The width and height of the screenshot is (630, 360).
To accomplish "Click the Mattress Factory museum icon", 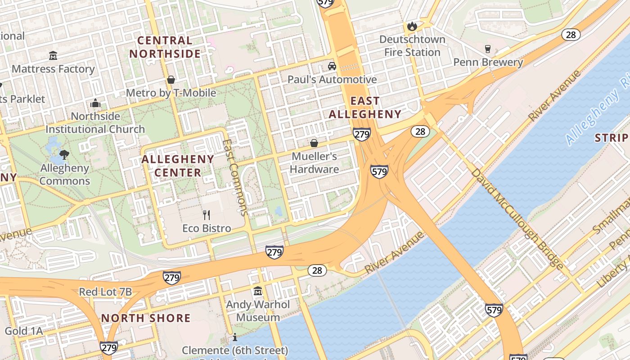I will tap(53, 56).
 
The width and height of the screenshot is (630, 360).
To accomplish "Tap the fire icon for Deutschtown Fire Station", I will tap(412, 27).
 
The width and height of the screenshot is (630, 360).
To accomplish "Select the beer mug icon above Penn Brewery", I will tap(487, 49).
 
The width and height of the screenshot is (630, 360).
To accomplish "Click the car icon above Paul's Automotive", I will tap(332, 66).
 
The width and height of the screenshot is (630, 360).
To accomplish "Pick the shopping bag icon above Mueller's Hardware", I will tap(314, 143).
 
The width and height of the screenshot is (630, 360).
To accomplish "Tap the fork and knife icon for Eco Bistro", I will tap(207, 215).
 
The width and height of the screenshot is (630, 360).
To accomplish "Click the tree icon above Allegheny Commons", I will tap(64, 155).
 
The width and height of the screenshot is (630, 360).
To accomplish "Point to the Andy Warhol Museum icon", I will tap(258, 291).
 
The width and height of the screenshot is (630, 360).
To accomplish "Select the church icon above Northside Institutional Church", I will tap(95, 103).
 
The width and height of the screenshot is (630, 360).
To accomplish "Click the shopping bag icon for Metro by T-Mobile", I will tap(171, 80).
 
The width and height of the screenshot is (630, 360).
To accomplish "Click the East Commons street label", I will tap(235, 178).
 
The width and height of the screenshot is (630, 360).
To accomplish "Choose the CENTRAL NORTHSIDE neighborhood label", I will tap(165, 47).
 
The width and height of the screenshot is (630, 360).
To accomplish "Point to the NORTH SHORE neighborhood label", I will tap(146, 318).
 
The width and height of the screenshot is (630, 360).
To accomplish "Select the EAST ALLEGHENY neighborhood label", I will tap(365, 108).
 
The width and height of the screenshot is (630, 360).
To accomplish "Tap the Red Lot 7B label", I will tap(105, 292).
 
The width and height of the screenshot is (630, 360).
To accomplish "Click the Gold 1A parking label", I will tap(23, 331).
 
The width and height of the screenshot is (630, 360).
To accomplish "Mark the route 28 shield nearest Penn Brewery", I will tap(571, 35).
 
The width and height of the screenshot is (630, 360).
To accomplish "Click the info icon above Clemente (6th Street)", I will tap(234, 337).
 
